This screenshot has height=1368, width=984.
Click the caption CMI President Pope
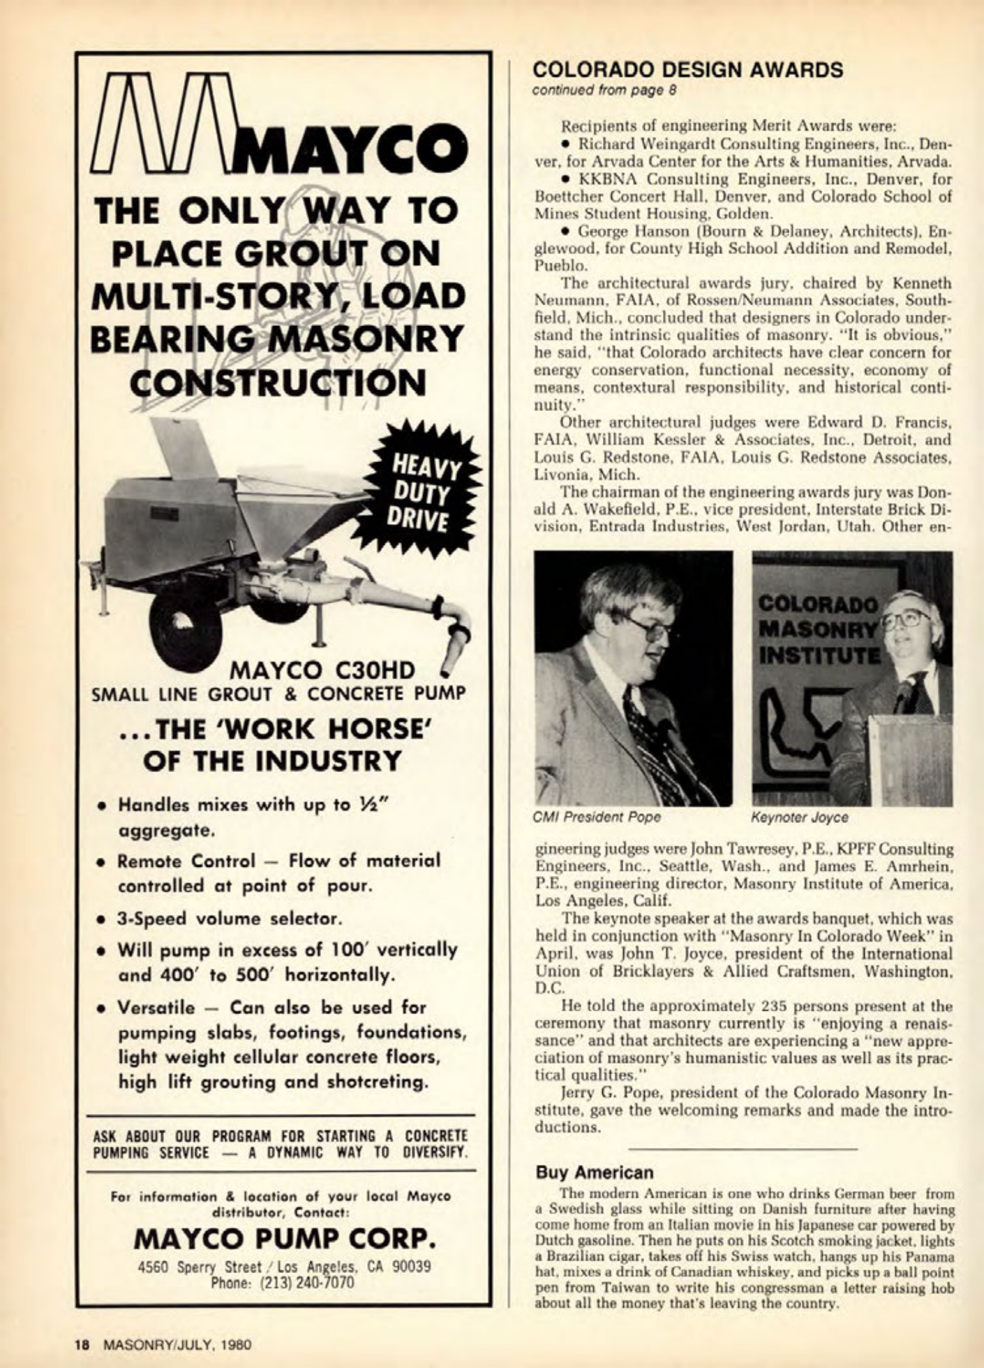click(x=597, y=817)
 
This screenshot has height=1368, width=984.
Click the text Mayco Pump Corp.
click(x=285, y=1240)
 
